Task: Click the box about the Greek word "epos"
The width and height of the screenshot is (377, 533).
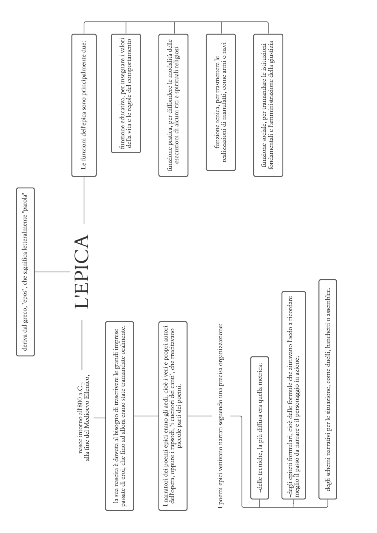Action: pos(25,272)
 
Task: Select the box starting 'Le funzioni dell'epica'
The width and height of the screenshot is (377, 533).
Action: pos(84,105)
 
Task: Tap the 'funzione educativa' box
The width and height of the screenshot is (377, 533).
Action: pos(126,93)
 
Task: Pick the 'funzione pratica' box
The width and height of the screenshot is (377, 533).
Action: pos(173,105)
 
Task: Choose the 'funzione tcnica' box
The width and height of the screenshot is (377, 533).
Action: pos(221,102)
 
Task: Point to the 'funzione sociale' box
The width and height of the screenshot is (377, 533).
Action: pos(268,105)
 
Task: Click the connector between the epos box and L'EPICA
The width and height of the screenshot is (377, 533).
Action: pos(52,272)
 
